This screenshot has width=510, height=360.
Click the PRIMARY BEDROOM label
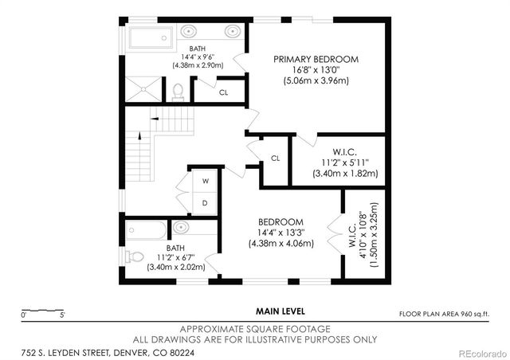316,59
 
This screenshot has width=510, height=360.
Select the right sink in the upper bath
231,33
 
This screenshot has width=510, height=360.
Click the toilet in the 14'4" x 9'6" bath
178,91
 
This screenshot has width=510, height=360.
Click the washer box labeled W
205,181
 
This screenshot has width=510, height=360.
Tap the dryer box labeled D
205,202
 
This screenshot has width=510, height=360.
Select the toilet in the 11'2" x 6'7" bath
135,256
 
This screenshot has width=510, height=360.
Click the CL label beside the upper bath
223,92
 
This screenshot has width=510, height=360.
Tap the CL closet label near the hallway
275,158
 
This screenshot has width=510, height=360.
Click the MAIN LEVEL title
276,311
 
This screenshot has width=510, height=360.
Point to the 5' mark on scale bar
61,315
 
